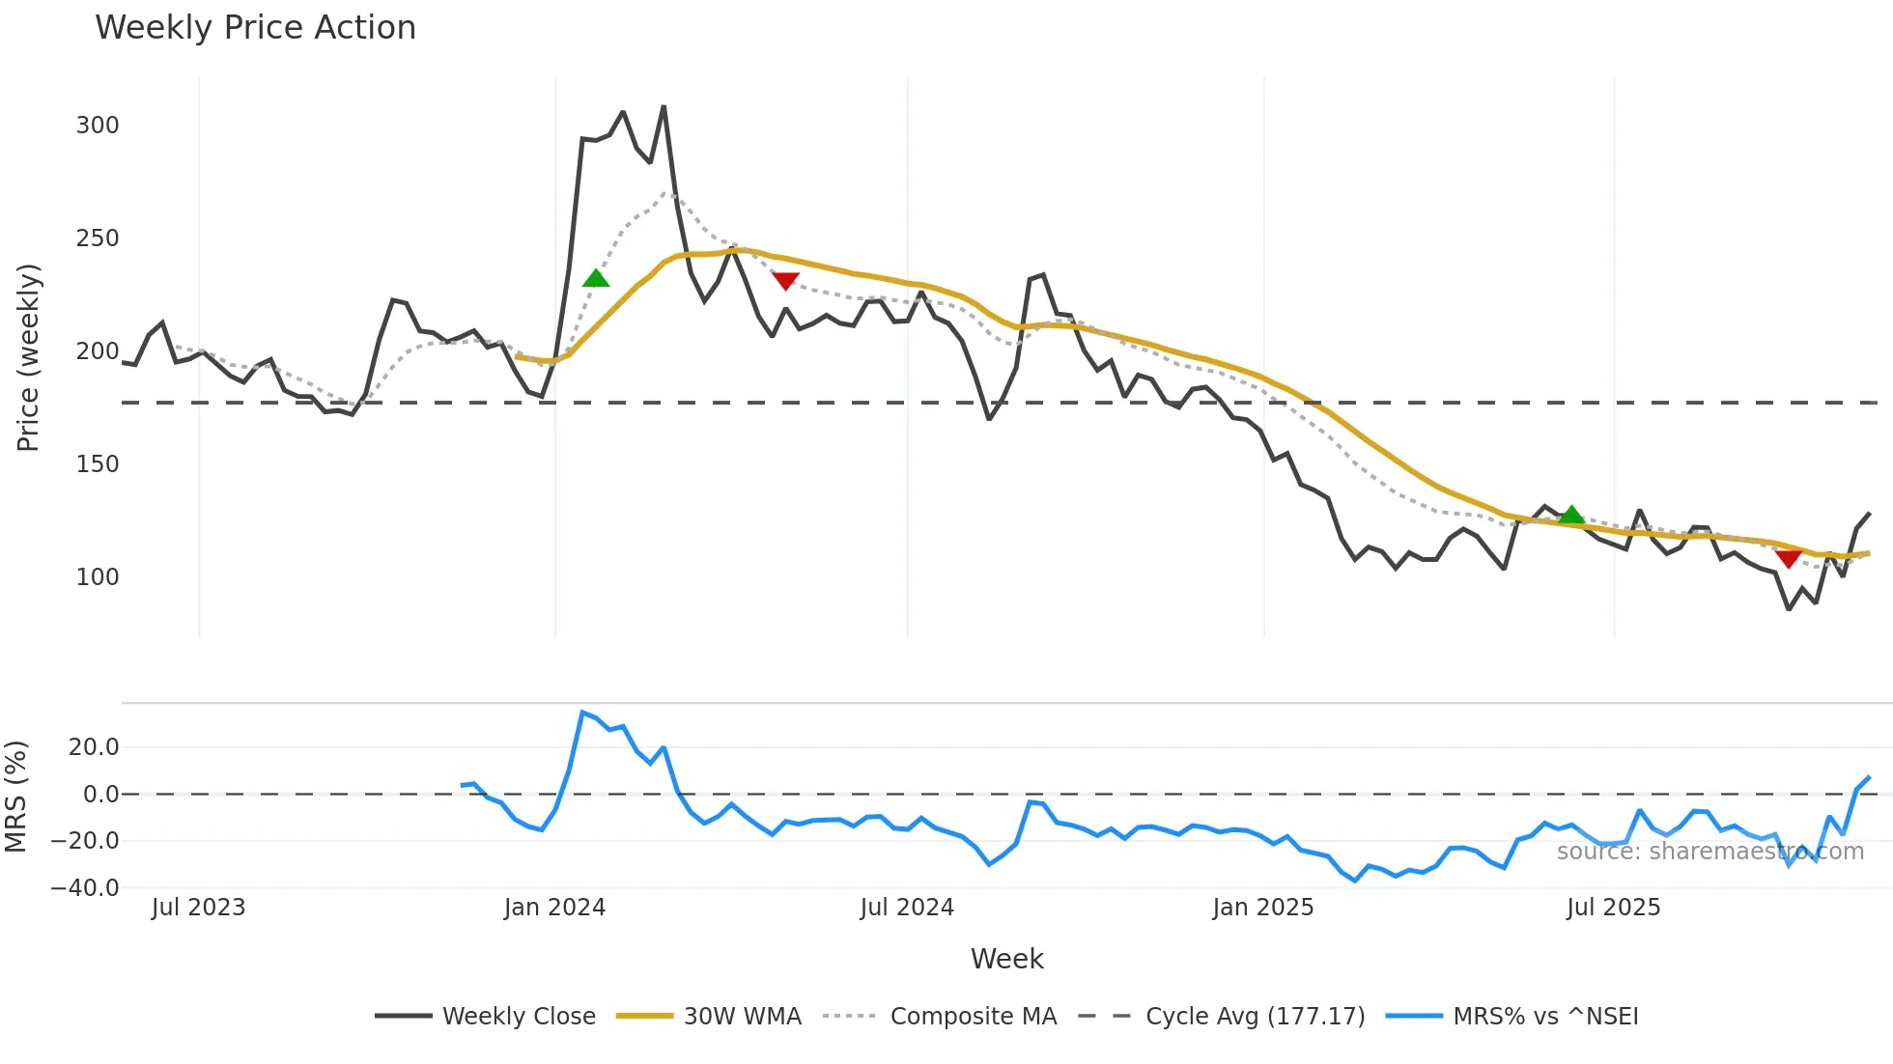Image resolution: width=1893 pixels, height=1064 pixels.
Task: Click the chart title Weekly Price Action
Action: (x=255, y=28)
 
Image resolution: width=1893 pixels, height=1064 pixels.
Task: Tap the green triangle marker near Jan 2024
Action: (x=596, y=279)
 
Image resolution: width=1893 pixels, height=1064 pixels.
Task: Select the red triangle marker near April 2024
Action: (x=785, y=281)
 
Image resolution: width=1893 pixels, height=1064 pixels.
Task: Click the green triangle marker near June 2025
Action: (x=1571, y=515)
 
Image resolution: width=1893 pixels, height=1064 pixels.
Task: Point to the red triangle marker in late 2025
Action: (x=1788, y=558)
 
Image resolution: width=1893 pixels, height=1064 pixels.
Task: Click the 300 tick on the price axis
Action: (x=98, y=126)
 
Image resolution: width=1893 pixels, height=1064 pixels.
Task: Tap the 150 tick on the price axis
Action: (x=98, y=464)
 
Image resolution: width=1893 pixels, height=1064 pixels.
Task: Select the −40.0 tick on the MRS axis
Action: (x=85, y=888)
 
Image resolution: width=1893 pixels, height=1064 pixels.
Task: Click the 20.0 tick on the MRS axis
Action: (x=94, y=747)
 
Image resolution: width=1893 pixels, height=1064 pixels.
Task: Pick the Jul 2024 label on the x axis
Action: (x=907, y=908)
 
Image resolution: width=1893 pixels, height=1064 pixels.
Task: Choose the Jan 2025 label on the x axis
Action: (x=1262, y=908)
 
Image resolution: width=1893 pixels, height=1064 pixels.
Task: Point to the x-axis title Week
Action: (x=1006, y=959)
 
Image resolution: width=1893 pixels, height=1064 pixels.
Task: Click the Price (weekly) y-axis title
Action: (x=29, y=357)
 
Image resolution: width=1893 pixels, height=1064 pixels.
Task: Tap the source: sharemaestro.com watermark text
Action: (x=1709, y=852)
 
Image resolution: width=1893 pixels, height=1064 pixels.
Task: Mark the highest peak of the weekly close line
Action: (x=664, y=107)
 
